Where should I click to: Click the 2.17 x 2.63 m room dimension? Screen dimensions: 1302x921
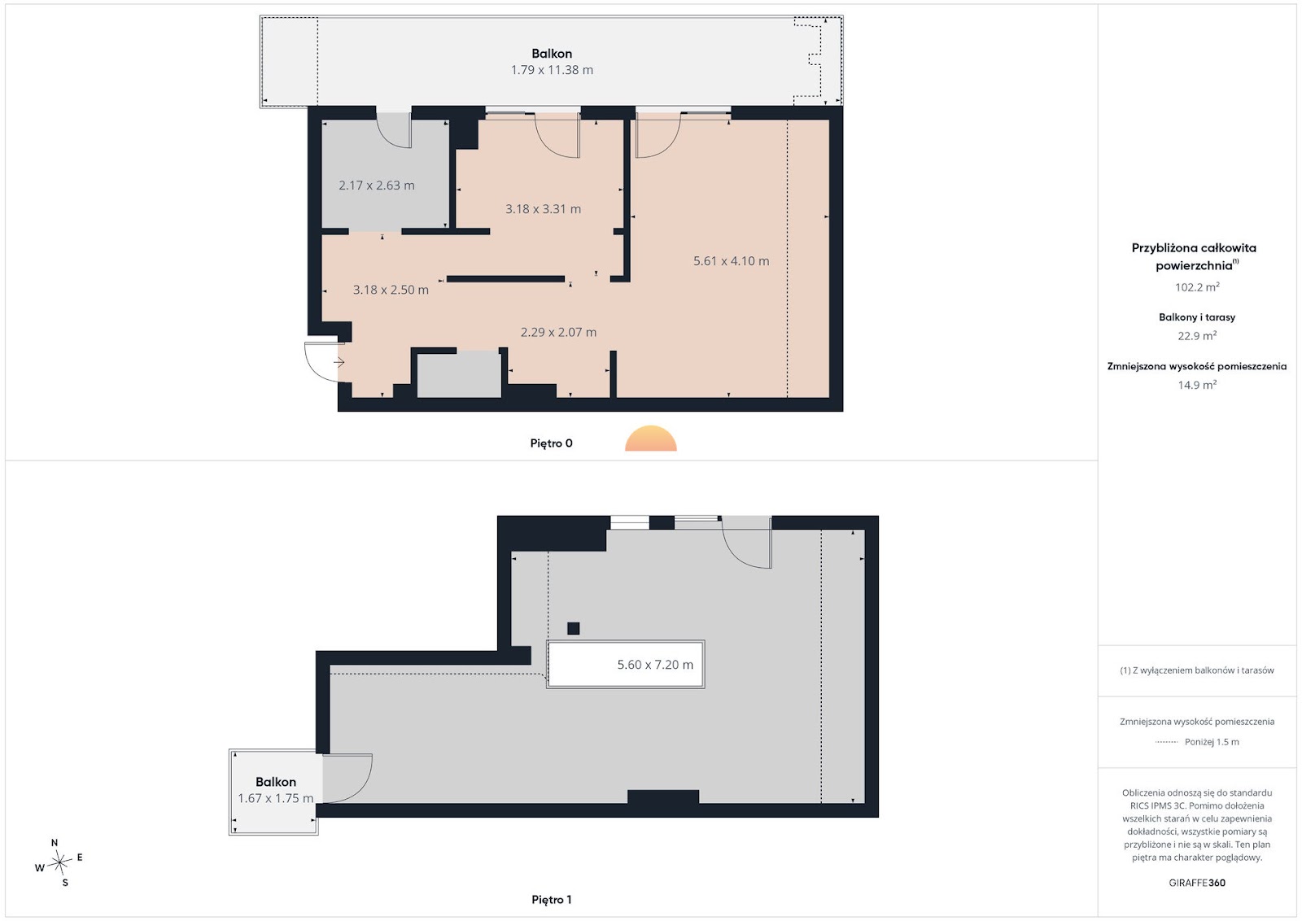(377, 186)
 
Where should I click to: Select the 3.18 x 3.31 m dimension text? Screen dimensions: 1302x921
(543, 208)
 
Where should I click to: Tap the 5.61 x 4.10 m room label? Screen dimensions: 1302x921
(732, 261)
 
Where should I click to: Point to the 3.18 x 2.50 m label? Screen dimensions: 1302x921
(391, 290)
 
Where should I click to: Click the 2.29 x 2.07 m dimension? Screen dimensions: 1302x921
(558, 333)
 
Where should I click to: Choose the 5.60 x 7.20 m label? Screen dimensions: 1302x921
(655, 665)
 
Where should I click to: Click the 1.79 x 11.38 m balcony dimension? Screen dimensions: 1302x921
(552, 70)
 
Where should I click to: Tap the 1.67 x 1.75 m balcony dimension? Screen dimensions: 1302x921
(276, 798)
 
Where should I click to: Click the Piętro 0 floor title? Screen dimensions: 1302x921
(551, 443)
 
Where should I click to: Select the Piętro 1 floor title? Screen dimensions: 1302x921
(551, 900)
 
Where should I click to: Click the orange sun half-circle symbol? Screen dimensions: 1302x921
(651, 439)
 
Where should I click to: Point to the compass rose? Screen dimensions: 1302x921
(60, 863)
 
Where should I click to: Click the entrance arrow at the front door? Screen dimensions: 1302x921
(339, 363)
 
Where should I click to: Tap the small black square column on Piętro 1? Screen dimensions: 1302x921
(573, 628)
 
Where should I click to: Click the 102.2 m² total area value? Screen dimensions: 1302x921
(1197, 287)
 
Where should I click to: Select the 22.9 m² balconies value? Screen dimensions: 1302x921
(1197, 336)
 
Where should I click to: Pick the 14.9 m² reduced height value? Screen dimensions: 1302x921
(1197, 385)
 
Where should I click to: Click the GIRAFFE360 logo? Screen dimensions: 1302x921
(1197, 883)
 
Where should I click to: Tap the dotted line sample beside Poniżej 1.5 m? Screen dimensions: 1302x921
(1167, 742)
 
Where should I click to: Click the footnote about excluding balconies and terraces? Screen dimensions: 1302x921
(1197, 670)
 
